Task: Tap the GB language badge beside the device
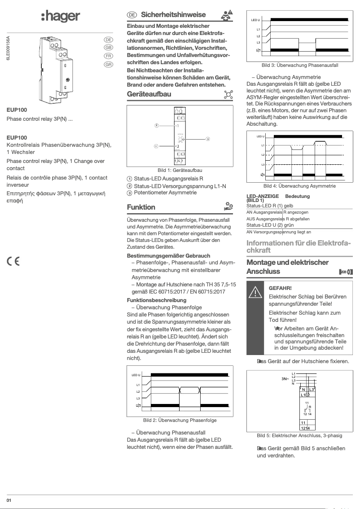tap(108, 48)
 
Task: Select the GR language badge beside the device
tap(108, 65)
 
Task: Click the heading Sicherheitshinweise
tap(167, 14)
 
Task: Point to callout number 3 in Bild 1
tap(208, 139)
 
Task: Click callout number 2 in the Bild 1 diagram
tap(156, 125)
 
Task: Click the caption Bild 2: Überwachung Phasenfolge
tap(180, 420)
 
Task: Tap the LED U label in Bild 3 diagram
tap(255, 21)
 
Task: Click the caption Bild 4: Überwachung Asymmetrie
tap(299, 186)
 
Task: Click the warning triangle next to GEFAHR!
tap(255, 292)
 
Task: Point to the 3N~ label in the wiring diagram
tap(285, 379)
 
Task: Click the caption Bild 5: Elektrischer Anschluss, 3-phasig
tap(299, 435)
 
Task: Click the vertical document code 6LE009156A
tap(8, 52)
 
